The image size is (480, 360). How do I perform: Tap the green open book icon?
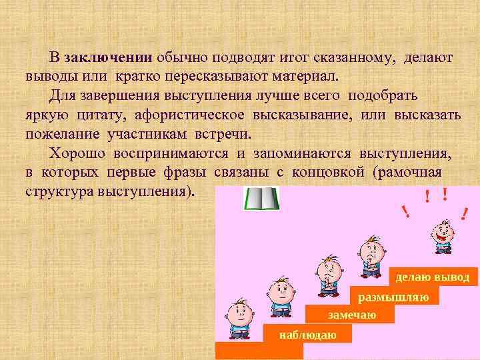(x=261, y=199)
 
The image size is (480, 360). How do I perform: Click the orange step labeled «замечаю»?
(x=351, y=315)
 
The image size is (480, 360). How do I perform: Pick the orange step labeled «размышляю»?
(x=393, y=297)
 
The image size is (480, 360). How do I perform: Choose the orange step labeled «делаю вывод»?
(x=433, y=277)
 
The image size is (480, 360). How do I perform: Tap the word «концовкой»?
(x=329, y=173)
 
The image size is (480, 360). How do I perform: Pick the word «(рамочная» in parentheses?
(x=408, y=173)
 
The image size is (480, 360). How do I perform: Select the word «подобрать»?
(x=385, y=95)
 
